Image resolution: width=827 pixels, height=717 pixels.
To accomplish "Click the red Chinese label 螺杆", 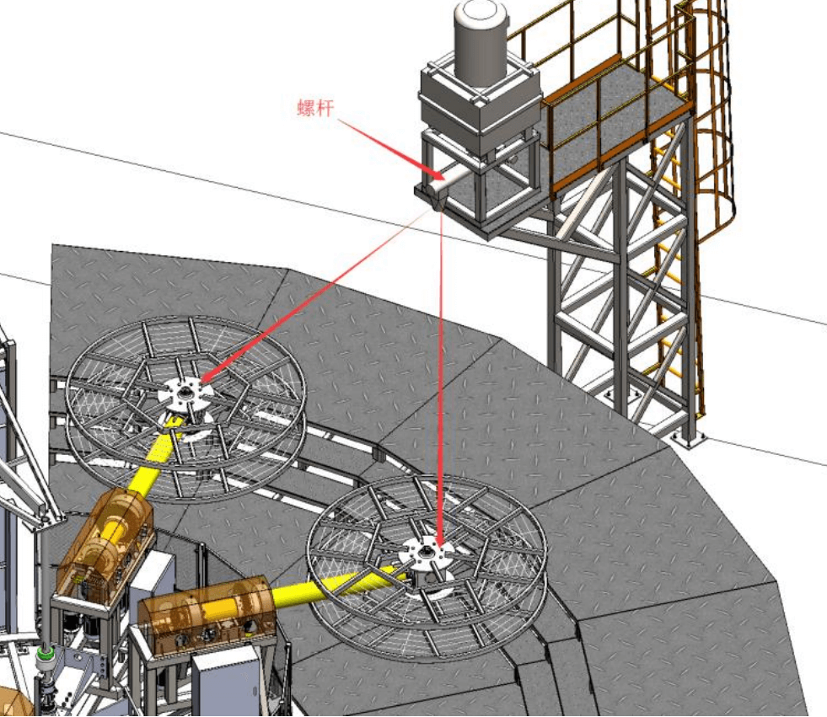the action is [315, 108].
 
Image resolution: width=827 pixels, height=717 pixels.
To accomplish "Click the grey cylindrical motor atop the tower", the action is [481, 43].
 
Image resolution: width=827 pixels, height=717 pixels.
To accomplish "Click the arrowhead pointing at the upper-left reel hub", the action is [209, 374].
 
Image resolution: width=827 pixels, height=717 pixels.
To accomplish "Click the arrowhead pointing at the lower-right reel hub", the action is [439, 538].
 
